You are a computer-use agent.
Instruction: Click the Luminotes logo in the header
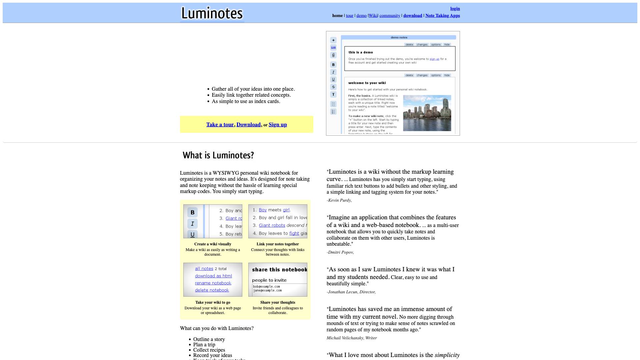[x=212, y=13]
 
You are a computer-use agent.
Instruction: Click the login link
[x=455, y=9]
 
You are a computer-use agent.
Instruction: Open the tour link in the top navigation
[x=349, y=16]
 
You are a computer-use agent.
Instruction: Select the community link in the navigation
[x=390, y=16]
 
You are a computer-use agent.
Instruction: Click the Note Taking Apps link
[x=442, y=16]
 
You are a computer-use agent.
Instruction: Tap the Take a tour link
[x=220, y=125]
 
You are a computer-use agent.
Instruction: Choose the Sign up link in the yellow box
[x=278, y=125]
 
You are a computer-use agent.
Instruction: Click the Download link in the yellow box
[x=248, y=125]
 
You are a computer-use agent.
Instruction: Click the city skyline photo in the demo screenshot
[x=427, y=113]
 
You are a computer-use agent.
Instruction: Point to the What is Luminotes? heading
[x=218, y=155]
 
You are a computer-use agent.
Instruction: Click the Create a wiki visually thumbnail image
[x=213, y=221]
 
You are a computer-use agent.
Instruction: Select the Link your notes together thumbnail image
[x=278, y=221]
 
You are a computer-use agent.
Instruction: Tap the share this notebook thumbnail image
[x=278, y=280]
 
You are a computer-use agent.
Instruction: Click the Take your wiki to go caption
[x=213, y=302]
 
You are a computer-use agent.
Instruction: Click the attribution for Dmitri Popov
[x=340, y=252]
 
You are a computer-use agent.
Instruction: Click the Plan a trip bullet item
[x=204, y=345]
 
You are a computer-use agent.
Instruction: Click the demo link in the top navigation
[x=361, y=16]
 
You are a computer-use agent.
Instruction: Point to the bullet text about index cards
[x=246, y=101]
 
